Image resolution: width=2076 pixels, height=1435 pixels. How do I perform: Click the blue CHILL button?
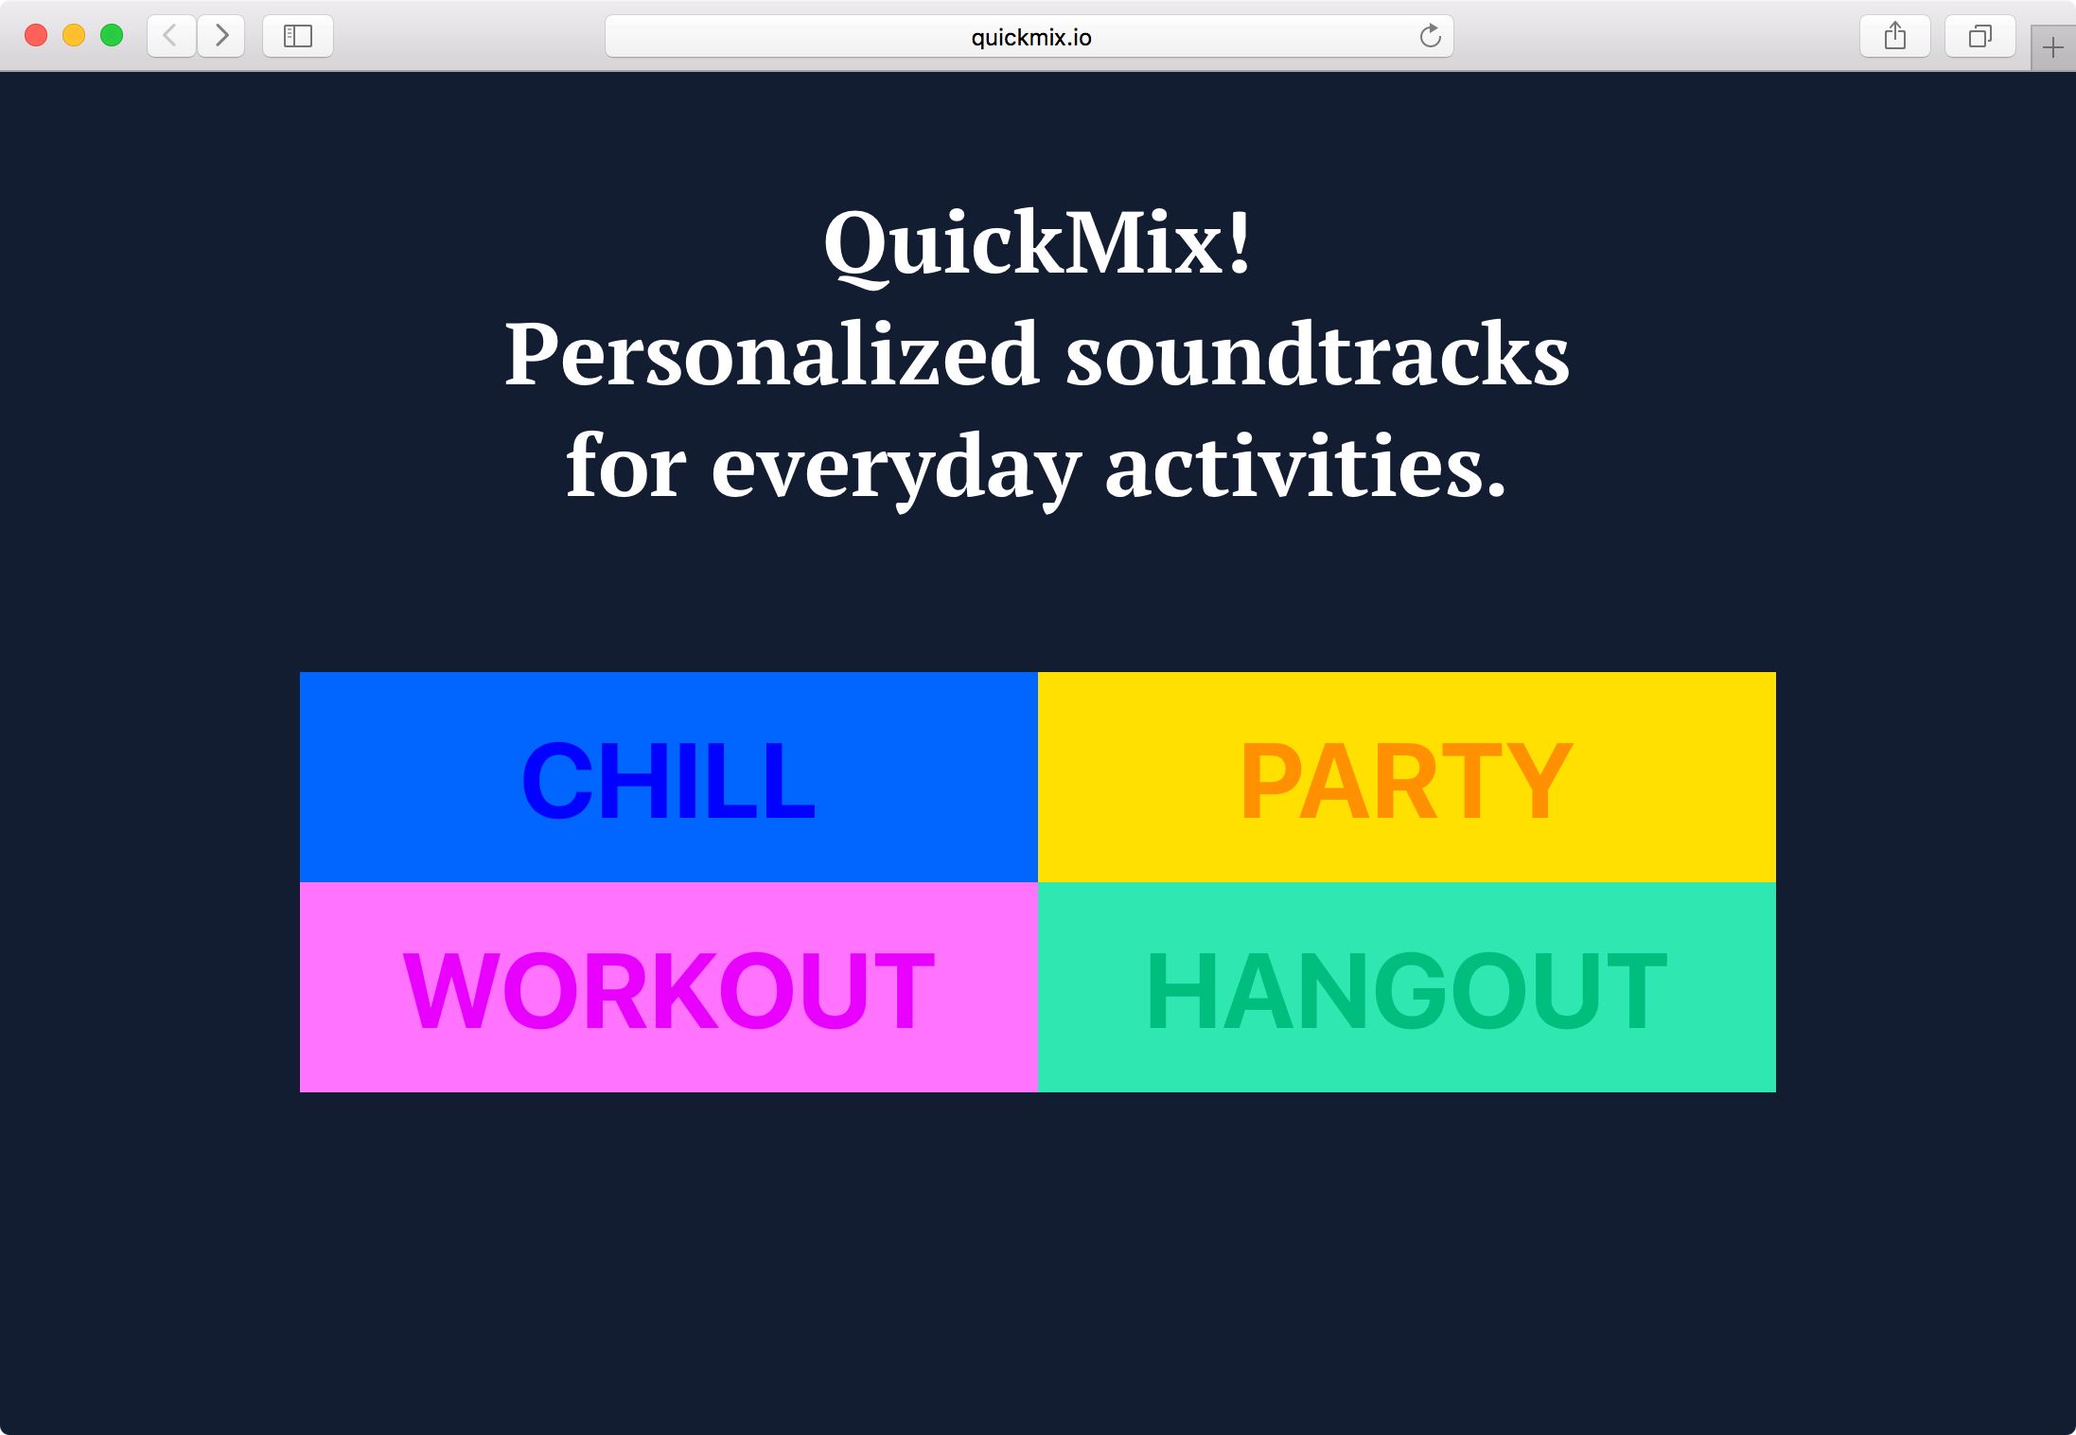tap(669, 777)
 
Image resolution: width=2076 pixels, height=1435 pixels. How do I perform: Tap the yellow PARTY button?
tap(1407, 777)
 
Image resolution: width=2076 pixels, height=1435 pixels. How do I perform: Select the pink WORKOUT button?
tap(669, 987)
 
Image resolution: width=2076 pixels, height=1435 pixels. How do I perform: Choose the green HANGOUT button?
tap(1407, 987)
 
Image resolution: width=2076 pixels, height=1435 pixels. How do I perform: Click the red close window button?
tap(36, 36)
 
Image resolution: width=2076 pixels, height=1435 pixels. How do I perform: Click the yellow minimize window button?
tap(74, 36)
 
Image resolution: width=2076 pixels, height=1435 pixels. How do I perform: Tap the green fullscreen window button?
tap(112, 36)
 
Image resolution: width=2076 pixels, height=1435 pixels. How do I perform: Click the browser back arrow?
tap(171, 36)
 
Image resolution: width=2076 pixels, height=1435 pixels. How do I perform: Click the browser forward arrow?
tap(221, 36)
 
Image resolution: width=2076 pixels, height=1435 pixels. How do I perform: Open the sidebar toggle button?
tap(298, 36)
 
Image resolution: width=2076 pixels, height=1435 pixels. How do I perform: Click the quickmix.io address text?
tap(1031, 37)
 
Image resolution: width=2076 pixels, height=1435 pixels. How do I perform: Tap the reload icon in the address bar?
tap(1430, 36)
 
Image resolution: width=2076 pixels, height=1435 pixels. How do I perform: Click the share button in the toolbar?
tap(1895, 36)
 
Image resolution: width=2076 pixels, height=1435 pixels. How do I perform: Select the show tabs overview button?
tap(1980, 36)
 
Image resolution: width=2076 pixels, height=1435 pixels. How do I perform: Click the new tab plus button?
tap(2053, 47)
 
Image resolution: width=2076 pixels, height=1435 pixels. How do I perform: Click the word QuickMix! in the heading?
tap(1038, 244)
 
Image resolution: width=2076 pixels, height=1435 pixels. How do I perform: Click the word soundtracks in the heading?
tap(1318, 354)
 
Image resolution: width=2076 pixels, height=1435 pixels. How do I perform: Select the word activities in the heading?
tap(1306, 465)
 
